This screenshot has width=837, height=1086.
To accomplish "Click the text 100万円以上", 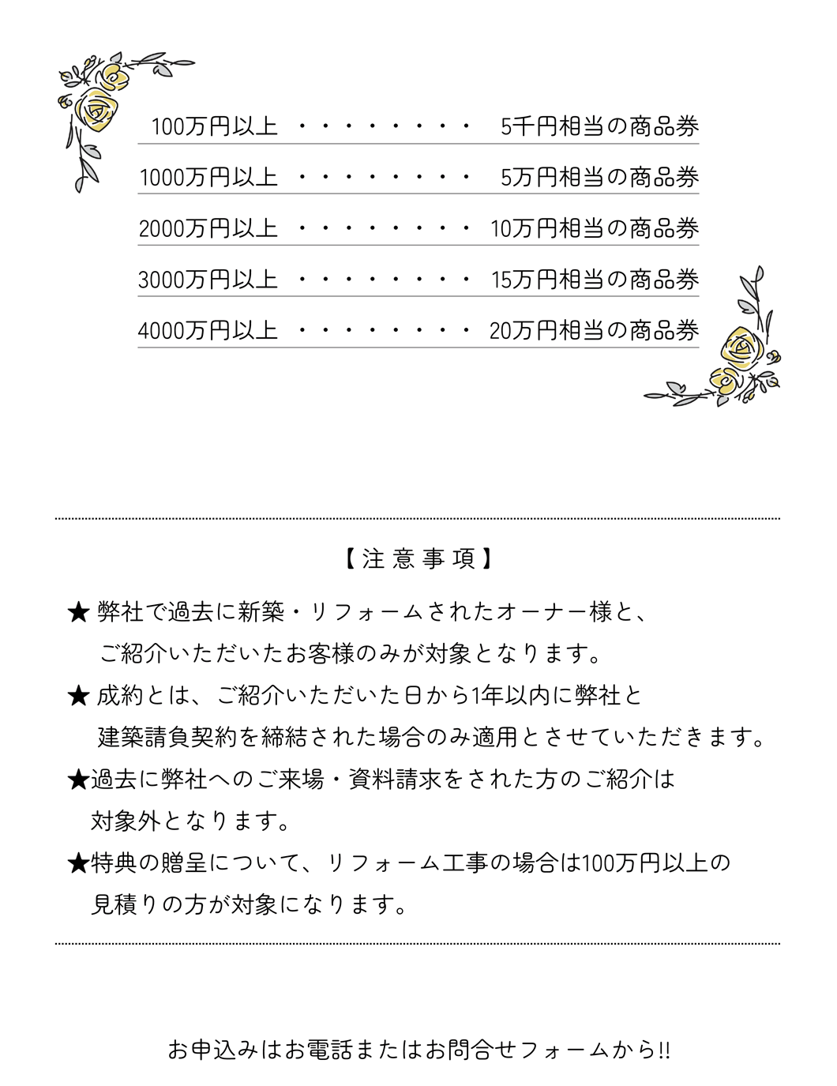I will point(214,126).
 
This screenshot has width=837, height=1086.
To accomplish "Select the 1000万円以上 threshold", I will point(208,177).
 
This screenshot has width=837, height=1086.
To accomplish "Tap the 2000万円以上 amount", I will point(208,228).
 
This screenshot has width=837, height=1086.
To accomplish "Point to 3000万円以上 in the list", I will point(208,280).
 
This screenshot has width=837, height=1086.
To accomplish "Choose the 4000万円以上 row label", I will point(208,330).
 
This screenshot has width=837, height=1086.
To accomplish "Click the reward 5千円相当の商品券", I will point(600,126).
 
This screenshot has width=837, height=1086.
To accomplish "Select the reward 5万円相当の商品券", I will point(600,177).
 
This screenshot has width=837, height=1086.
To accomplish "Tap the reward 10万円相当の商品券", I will point(595,228).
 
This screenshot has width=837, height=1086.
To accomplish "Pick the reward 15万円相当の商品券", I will point(595,280).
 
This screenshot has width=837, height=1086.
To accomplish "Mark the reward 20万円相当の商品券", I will point(595,330).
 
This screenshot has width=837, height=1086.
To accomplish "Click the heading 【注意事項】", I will point(418,559).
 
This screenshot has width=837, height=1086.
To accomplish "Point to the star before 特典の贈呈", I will point(77,863).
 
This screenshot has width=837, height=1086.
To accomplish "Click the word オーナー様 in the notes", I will point(556,611).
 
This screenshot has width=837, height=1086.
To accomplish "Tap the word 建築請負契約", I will point(167,738).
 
